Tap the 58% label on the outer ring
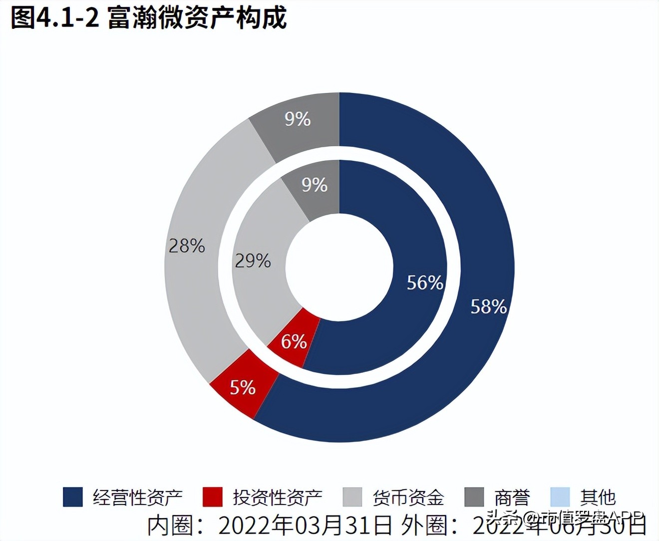(488, 306)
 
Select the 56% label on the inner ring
(425, 282)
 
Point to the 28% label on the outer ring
(187, 246)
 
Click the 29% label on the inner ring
(253, 261)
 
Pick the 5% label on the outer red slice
(243, 387)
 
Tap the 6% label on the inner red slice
(294, 342)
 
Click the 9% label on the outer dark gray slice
(298, 119)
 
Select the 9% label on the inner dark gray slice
(315, 185)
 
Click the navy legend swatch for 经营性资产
(72, 497)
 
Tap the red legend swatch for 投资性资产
(212, 497)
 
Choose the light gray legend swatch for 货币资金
(352, 497)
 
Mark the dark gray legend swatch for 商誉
(474, 497)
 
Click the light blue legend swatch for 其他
(560, 497)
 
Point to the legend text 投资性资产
(278, 497)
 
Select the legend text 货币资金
(408, 497)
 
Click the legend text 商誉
(512, 497)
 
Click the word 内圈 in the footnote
(169, 525)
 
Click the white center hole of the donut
(339, 267)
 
